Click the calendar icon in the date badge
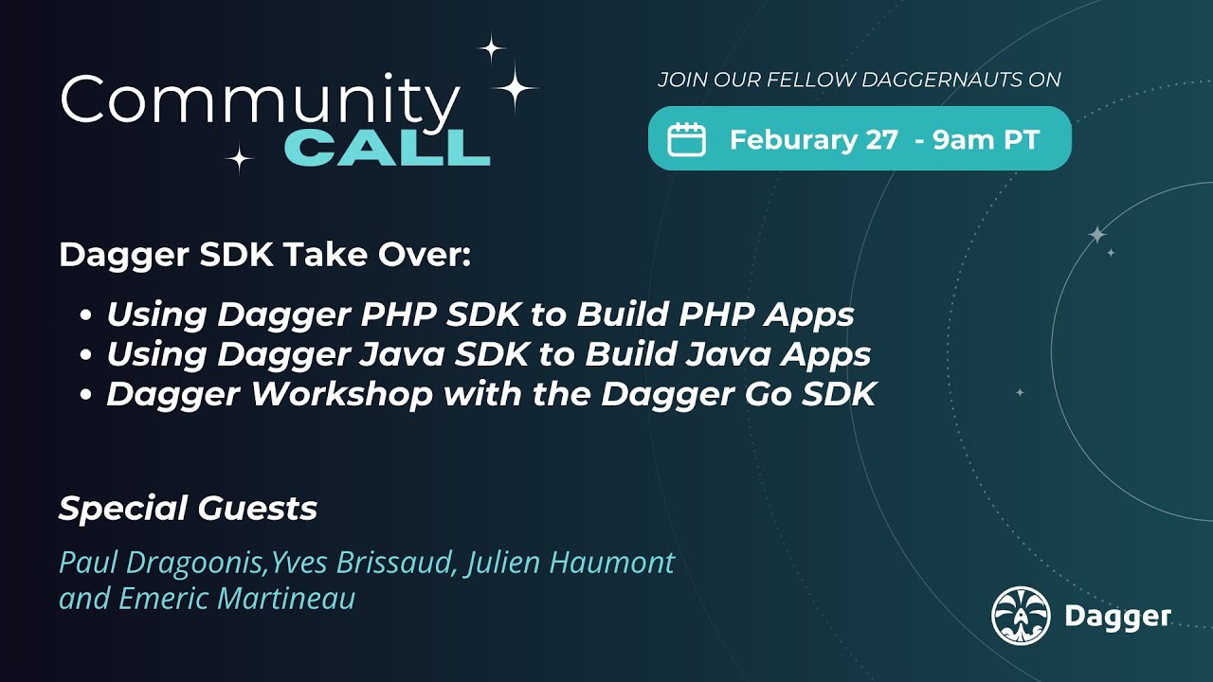[x=687, y=140]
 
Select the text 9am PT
[x=987, y=140]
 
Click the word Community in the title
[x=259, y=99]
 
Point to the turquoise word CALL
[x=387, y=148]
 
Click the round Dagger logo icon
[x=1021, y=617]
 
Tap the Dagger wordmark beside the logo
[x=1118, y=618]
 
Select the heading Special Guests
[x=188, y=509]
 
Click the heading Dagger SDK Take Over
[x=264, y=255]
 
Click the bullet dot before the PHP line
[x=87, y=315]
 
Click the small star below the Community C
[x=239, y=159]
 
